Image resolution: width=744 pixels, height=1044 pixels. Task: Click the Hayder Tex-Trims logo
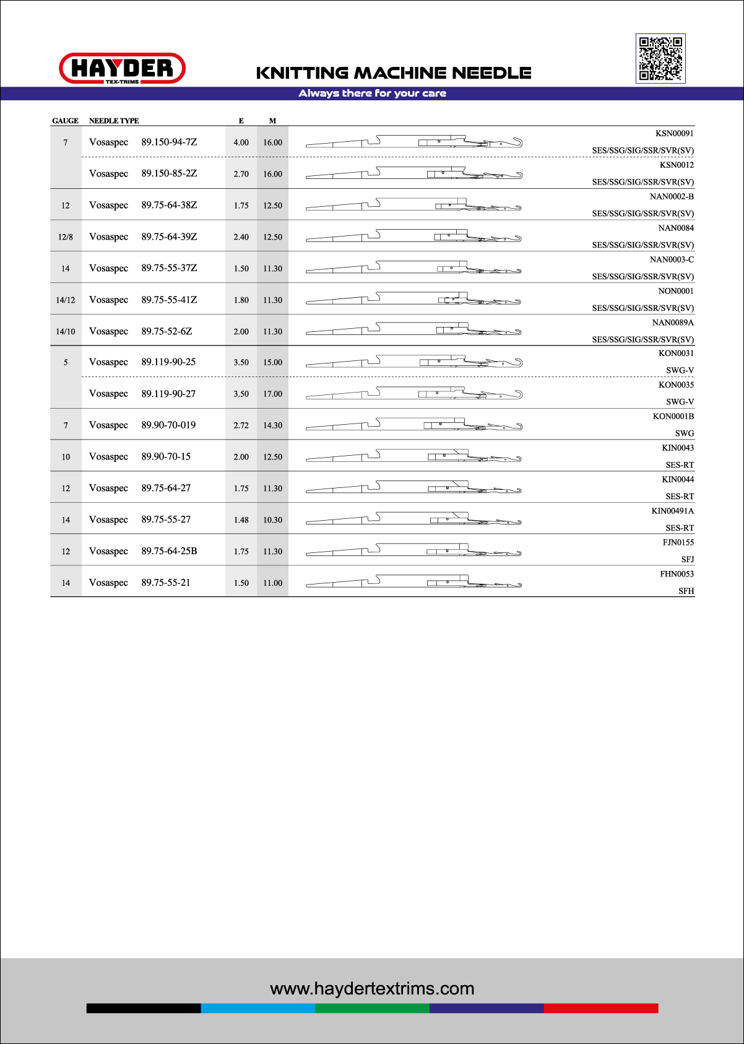point(122,68)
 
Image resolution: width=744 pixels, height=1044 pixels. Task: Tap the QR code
point(660,58)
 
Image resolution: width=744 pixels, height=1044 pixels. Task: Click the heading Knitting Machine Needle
point(394,73)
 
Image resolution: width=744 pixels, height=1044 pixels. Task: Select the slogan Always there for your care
point(372,94)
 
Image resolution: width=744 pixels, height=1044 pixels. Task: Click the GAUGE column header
point(65,121)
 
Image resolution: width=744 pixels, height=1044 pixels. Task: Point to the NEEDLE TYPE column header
point(114,121)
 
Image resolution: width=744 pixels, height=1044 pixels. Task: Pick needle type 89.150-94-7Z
point(169,142)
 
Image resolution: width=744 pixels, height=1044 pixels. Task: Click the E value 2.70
point(241,174)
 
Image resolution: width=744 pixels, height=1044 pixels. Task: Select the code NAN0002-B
point(672,197)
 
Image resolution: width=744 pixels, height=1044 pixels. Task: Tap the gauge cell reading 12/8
point(66,237)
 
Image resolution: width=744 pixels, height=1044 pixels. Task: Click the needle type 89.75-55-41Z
point(169,300)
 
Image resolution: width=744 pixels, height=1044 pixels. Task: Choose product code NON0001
point(676,292)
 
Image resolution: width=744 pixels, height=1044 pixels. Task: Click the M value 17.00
point(272,394)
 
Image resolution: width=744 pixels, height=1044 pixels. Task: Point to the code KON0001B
point(673,417)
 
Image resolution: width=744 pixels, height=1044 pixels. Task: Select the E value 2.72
point(241,425)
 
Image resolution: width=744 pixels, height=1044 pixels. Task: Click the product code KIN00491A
point(673,511)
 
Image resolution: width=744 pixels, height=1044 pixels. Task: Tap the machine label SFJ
point(687,560)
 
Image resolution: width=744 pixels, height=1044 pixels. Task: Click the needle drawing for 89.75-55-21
point(413,582)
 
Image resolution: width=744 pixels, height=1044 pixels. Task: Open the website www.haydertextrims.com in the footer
point(372,989)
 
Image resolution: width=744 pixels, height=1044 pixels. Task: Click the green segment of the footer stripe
point(372,1008)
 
